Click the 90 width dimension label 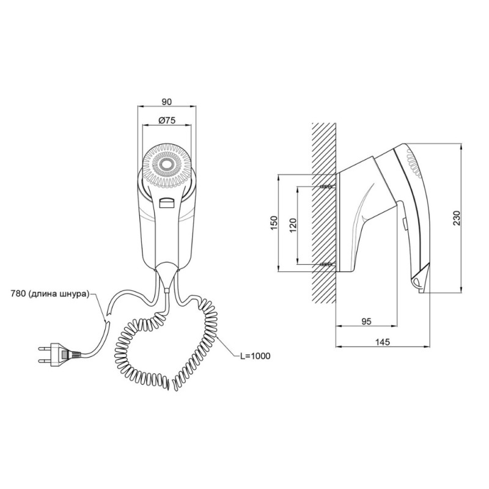point(167,101)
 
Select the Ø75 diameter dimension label point(167,120)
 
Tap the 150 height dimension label point(274,222)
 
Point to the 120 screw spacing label point(293,225)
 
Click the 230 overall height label point(457,218)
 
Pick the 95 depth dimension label point(366,322)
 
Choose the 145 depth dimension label point(383,342)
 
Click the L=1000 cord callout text point(255,356)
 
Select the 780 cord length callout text point(50,294)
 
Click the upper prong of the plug point(44,348)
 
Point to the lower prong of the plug point(44,361)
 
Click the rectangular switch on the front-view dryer point(166,203)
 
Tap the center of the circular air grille point(166,165)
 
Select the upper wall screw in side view point(328,186)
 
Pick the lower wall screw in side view point(328,265)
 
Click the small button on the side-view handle point(403,224)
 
